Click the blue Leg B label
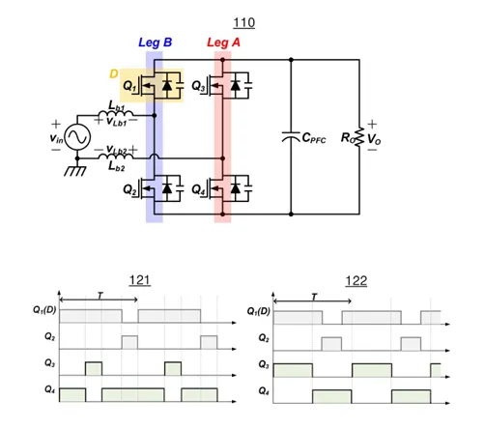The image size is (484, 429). pos(156,43)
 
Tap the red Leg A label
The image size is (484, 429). pos(223,43)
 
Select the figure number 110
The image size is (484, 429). pos(244,23)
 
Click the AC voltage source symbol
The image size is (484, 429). pos(77,137)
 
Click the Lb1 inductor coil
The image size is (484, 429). pos(116,113)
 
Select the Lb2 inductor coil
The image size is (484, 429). pos(116,157)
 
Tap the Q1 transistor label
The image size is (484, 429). pos(129,86)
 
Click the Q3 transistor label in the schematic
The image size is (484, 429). pos(198,86)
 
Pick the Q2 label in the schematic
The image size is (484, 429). pos(129,189)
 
